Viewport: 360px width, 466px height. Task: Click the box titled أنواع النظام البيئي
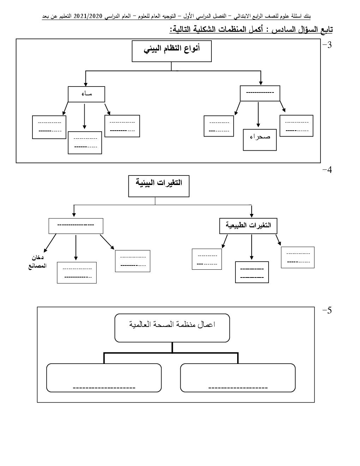pyautogui.click(x=172, y=51)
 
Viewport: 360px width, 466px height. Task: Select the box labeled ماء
pyautogui.click(x=86, y=94)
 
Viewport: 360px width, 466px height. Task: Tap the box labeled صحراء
pyautogui.click(x=260, y=140)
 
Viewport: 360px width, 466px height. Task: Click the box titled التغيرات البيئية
pyautogui.click(x=159, y=186)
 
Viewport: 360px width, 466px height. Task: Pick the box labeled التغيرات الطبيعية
pyautogui.click(x=248, y=226)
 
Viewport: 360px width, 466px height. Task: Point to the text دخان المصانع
pyautogui.click(x=37, y=262)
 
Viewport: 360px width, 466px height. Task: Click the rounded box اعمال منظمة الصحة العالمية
pyautogui.click(x=172, y=328)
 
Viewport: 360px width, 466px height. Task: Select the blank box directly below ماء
pyautogui.click(x=85, y=143)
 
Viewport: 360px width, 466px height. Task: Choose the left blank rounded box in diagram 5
pyautogui.click(x=104, y=378)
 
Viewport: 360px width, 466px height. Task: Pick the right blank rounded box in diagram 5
pyautogui.click(x=238, y=378)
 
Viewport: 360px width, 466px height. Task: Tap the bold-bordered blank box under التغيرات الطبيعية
pyautogui.click(x=252, y=272)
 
